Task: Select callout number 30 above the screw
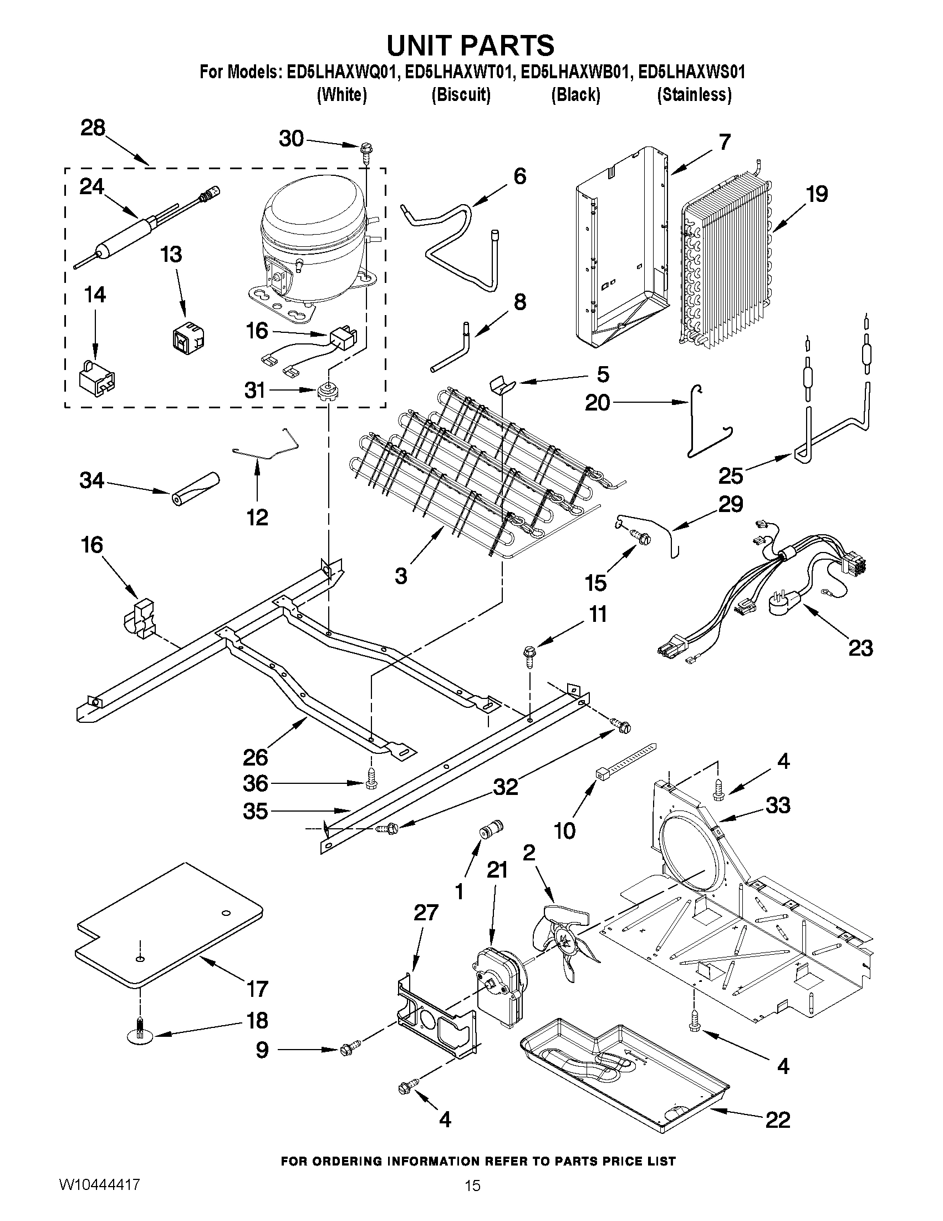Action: pyautogui.click(x=292, y=139)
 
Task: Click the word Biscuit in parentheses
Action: pyautogui.click(x=461, y=95)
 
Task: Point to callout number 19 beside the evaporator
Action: pyautogui.click(x=817, y=195)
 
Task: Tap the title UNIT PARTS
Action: pyautogui.click(x=471, y=45)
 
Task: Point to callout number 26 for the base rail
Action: pyautogui.click(x=256, y=758)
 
